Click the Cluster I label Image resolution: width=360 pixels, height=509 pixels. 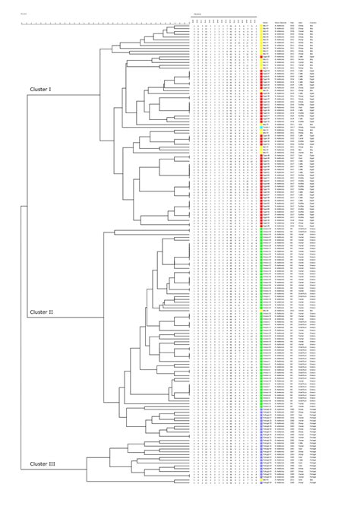(x=40, y=90)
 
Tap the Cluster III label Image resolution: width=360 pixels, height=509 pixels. (x=42, y=463)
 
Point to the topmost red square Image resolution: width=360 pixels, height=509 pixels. (x=261, y=54)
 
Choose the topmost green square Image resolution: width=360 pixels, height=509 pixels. (x=261, y=229)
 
